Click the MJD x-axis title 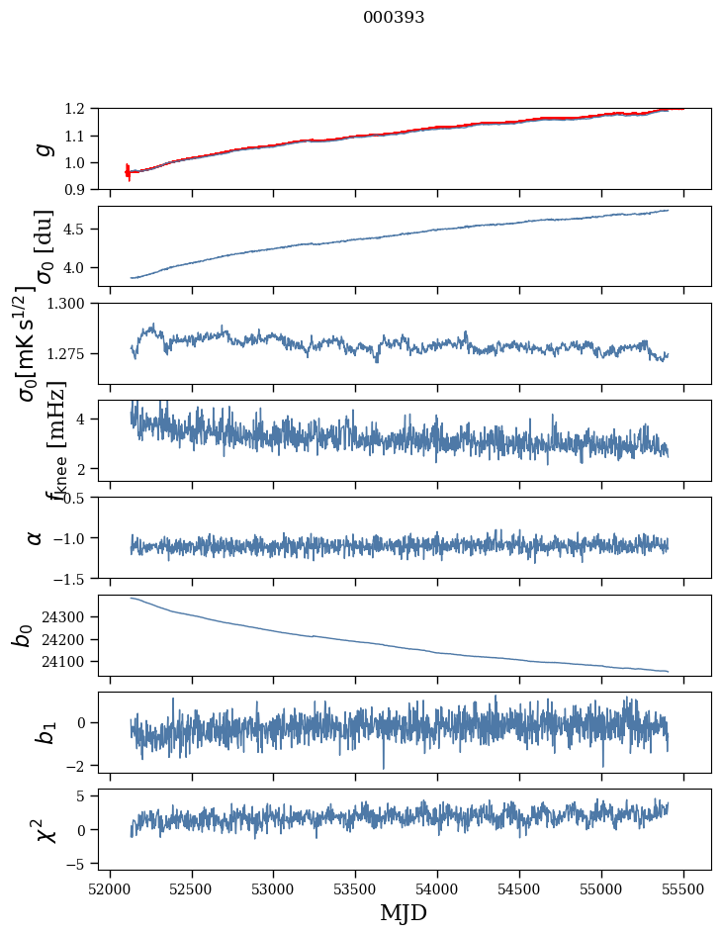404,912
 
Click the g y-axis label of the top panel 43,148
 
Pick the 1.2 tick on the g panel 82,109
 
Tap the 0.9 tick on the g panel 82,189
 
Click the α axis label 35,537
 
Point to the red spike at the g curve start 128,171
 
